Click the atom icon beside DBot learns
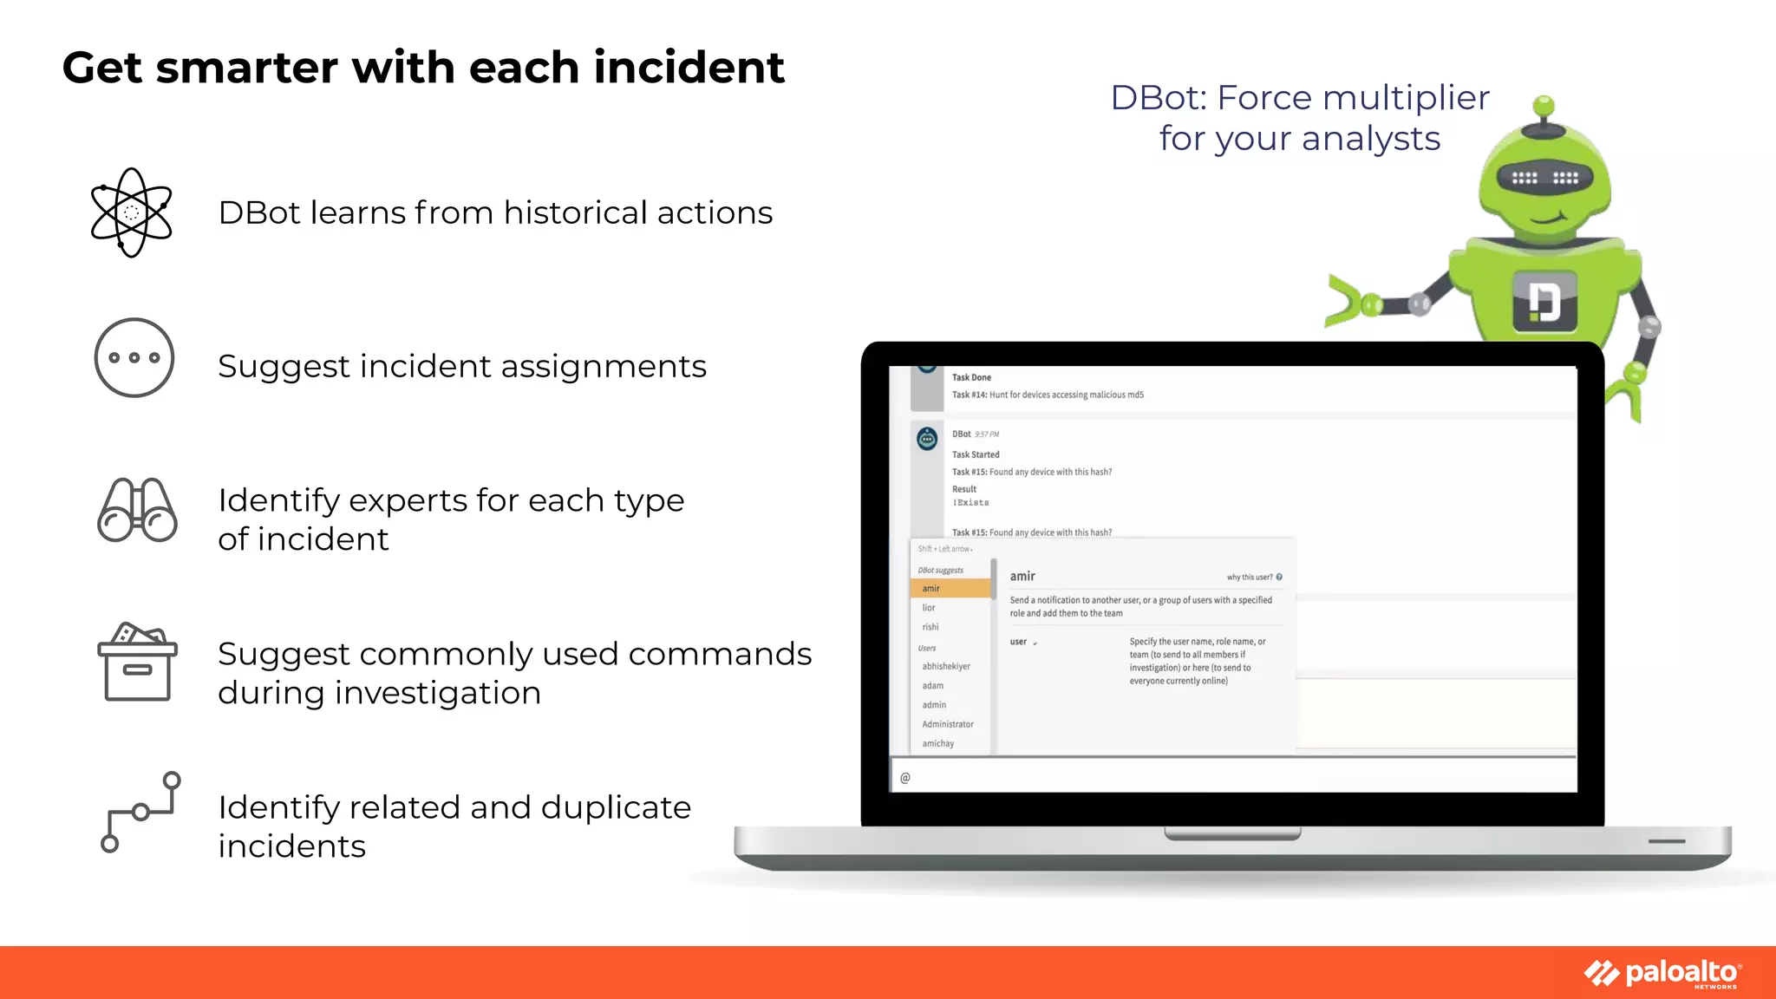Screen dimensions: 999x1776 [131, 212]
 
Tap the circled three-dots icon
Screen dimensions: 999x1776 [134, 357]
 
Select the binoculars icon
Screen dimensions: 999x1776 [137, 511]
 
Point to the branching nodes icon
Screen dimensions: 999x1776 [140, 813]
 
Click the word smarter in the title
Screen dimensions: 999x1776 [246, 68]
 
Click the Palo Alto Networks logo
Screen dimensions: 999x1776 [1662, 973]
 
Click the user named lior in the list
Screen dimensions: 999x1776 [929, 608]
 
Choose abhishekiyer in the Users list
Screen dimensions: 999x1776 [946, 666]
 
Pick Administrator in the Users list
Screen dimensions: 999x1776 [948, 724]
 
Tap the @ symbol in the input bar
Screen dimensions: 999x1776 [905, 778]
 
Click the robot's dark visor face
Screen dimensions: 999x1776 [1544, 178]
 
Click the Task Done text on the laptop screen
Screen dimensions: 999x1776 [971, 377]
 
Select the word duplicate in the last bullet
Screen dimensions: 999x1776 [616, 807]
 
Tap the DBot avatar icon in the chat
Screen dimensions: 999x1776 [927, 439]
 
